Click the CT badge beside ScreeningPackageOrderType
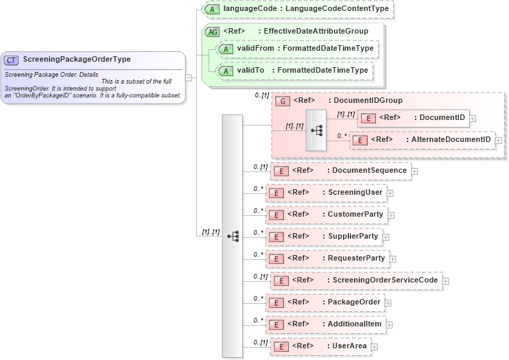(x=12, y=60)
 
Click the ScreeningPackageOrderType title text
(x=77, y=60)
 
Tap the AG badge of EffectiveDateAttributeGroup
(x=213, y=32)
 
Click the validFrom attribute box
(x=296, y=49)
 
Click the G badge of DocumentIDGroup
(x=282, y=101)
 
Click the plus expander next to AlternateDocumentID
(x=499, y=141)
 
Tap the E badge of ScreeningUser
(x=276, y=193)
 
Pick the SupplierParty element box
(x=323, y=237)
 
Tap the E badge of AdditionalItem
(x=276, y=324)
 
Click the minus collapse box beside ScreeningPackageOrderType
(x=189, y=77)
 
